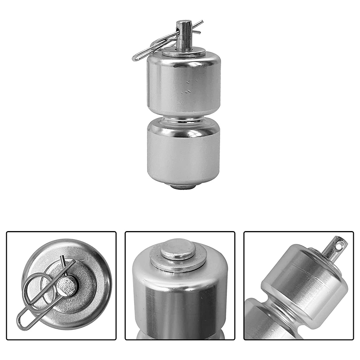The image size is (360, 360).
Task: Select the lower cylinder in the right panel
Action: (x=256, y=324)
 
